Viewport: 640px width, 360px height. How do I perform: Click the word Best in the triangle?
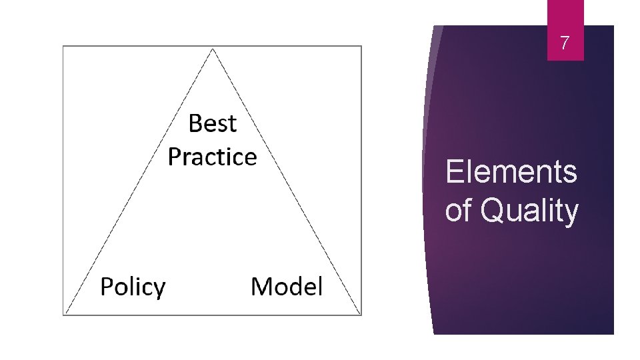213,123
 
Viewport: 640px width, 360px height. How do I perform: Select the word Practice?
212,157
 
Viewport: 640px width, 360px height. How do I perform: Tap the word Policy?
133,287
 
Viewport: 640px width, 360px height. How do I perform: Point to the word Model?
287,287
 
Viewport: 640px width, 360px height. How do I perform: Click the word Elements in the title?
511,171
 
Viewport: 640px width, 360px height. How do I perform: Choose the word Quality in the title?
529,211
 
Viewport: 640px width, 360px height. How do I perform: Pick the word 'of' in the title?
458,211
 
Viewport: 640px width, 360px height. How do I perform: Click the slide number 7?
565,44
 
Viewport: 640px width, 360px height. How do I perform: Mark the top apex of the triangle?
212,49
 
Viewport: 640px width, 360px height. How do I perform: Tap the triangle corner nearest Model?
360,313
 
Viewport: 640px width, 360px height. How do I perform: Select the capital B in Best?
195,123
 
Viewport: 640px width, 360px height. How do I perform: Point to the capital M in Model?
261,287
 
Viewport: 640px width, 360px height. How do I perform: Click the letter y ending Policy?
159,290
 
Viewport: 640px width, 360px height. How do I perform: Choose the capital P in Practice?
175,157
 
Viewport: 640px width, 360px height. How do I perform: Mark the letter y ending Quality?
571,213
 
